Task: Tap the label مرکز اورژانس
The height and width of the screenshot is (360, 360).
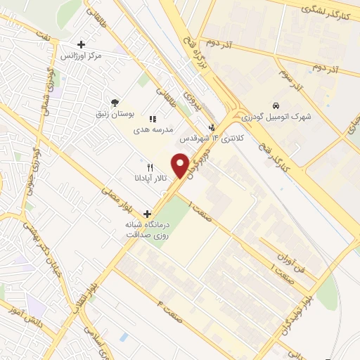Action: (x=81, y=55)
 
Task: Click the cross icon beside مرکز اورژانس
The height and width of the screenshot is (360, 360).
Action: (x=82, y=44)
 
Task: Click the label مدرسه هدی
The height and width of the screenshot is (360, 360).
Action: (x=153, y=129)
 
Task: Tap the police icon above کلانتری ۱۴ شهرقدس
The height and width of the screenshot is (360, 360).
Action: (x=212, y=127)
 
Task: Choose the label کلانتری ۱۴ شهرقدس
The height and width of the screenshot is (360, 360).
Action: (x=212, y=139)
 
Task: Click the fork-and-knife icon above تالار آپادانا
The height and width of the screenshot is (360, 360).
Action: (x=150, y=167)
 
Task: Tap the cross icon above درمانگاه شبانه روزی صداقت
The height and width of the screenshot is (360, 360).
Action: (x=147, y=214)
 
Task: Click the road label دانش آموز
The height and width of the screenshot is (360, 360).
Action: (x=27, y=316)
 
